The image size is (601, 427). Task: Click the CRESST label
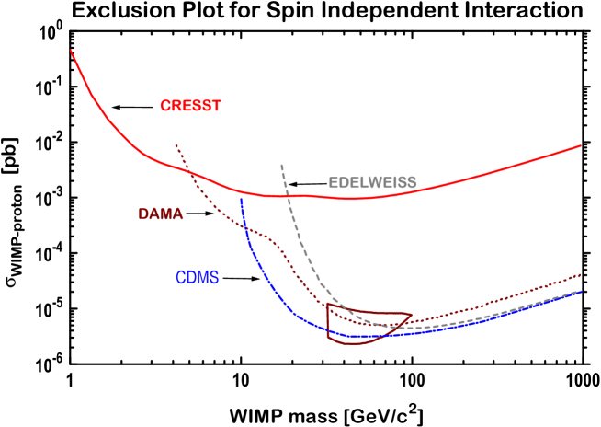(190, 106)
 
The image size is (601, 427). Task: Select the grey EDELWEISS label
(372, 182)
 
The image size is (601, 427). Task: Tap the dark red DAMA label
(161, 214)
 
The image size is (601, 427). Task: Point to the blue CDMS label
(197, 278)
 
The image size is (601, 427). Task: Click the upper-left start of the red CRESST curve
(72, 51)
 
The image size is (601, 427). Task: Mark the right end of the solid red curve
(581, 145)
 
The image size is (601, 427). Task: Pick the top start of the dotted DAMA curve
(176, 144)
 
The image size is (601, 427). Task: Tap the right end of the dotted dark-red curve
(581, 274)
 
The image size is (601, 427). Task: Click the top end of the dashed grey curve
(281, 165)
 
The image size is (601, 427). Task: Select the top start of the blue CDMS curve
(241, 200)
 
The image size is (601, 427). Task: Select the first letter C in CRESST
(165, 106)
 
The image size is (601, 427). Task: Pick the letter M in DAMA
(167, 214)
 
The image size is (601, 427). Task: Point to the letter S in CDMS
(214, 278)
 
